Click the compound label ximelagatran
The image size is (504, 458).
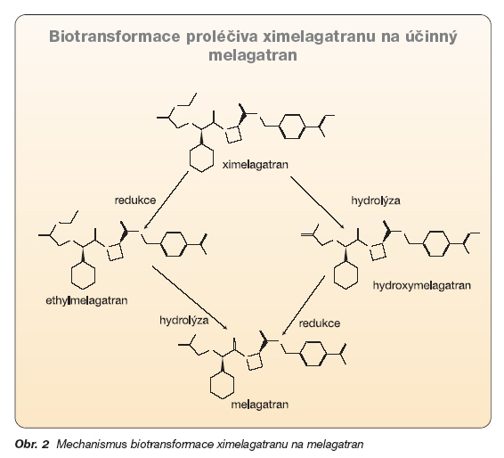tap(256, 165)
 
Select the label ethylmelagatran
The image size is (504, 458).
tap(86, 300)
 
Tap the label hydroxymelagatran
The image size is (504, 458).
tap(422, 286)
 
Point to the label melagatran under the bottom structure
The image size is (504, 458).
tap(260, 405)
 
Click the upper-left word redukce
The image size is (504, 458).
tap(135, 200)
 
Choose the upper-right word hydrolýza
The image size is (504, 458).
tap(376, 200)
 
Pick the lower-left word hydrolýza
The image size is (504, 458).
tap(184, 321)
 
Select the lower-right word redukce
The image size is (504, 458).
tap(320, 323)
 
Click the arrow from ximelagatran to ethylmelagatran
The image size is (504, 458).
tap(166, 200)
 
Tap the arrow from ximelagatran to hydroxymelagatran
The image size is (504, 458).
tap(317, 202)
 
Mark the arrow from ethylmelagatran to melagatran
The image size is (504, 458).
tap(190, 298)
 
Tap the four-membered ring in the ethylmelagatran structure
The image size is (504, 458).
tap(116, 252)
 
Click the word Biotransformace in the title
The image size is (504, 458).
tap(115, 37)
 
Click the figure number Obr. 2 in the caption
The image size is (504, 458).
tap(32, 445)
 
